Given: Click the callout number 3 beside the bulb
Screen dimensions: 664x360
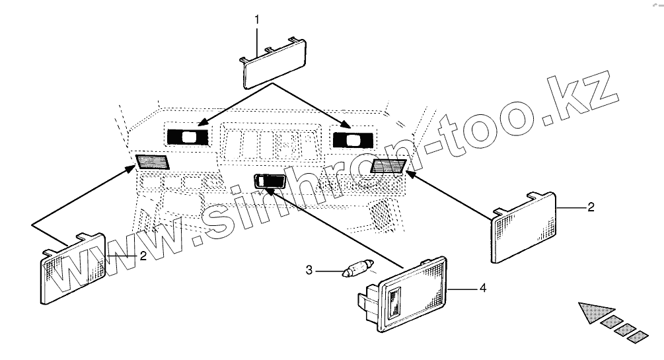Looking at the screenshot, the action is click(309, 270).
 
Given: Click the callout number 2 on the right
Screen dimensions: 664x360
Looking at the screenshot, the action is click(591, 207).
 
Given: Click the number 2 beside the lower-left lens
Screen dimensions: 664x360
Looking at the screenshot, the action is click(143, 256).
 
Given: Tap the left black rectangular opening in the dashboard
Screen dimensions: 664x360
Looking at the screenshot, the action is click(188, 137).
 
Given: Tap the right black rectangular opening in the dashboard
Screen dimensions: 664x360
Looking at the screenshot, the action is click(352, 139).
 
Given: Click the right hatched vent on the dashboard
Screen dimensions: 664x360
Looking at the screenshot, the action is click(388, 166).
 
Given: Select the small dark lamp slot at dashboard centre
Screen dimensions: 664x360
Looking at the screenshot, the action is click(269, 180).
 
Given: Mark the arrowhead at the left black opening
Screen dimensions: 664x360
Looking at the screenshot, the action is click(202, 123).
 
